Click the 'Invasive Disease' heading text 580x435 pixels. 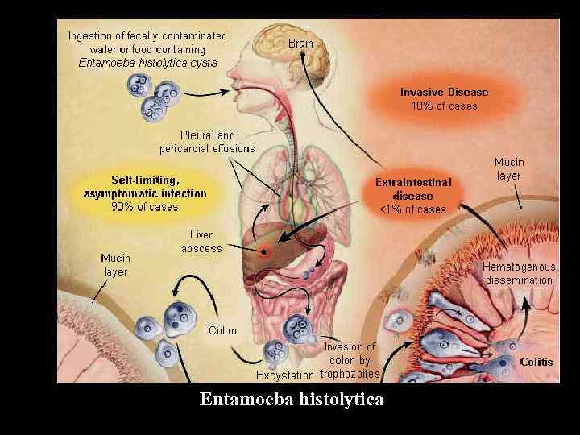[444, 92]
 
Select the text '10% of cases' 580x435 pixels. [444, 106]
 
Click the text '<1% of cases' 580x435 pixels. [413, 209]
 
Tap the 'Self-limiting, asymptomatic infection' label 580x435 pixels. [145, 187]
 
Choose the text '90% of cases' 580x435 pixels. [145, 207]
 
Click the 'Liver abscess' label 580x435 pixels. [201, 242]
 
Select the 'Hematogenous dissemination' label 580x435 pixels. [517, 273]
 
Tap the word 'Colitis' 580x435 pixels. [536, 362]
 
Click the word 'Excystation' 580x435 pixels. [284, 375]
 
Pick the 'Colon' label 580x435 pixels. [222, 330]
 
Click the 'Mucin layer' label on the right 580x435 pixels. [508, 168]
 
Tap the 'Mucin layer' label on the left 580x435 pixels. [115, 265]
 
